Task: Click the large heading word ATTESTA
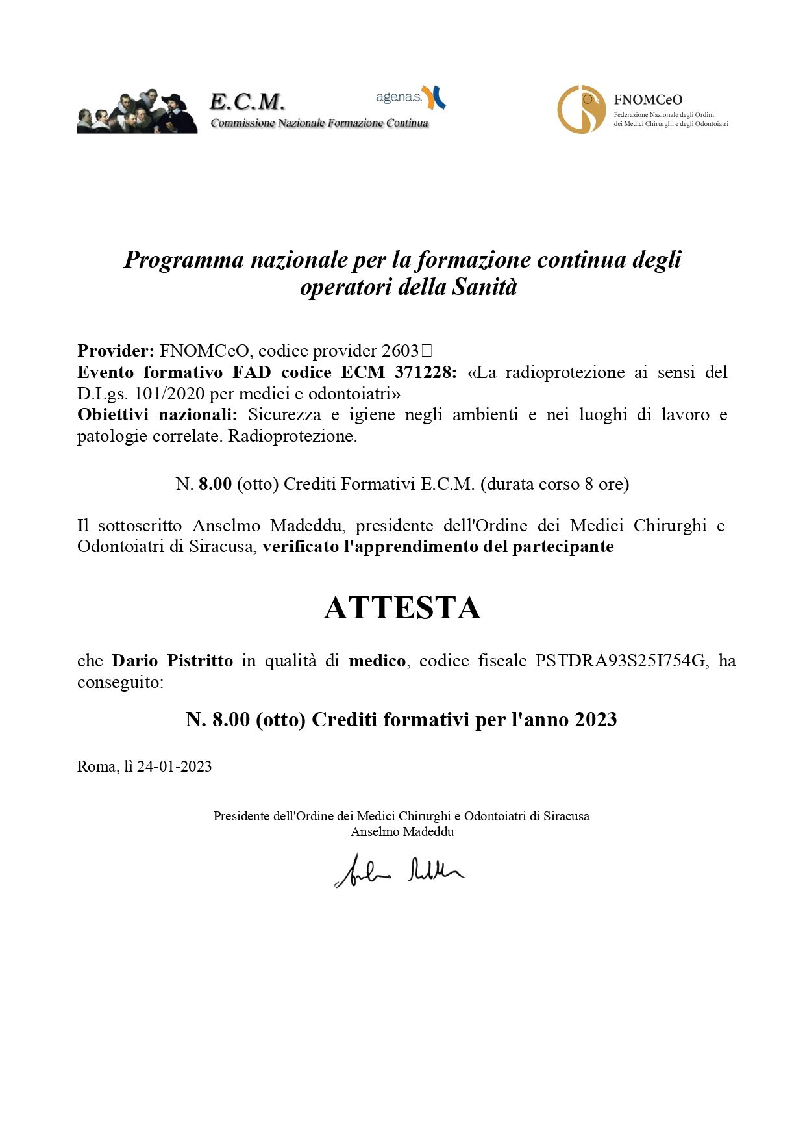point(402,608)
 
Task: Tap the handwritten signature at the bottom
point(399,870)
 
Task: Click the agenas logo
point(410,97)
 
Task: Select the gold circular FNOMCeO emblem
point(581,109)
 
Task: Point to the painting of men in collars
point(137,112)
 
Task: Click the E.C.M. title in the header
point(247,101)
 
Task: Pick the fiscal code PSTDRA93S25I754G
point(620,661)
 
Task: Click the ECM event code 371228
point(425,372)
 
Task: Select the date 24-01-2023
point(175,766)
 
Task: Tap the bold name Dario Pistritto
point(172,661)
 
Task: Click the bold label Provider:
point(116,351)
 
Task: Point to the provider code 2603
point(400,351)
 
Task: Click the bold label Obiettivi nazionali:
point(157,414)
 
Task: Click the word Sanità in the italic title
point(484,286)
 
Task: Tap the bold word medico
point(377,661)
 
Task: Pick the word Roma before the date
point(97,766)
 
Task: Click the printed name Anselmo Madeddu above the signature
point(402,831)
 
